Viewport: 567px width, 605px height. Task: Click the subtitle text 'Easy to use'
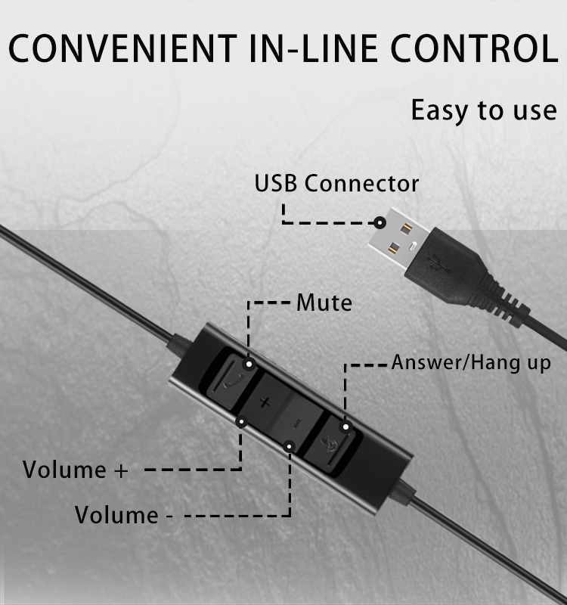pos(483,110)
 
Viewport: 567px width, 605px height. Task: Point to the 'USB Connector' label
pos(336,184)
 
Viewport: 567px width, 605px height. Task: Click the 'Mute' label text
pos(324,303)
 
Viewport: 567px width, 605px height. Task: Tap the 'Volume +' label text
pos(76,470)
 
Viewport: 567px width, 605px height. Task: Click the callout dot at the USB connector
pos(380,222)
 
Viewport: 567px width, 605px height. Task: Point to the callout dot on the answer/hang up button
pos(346,428)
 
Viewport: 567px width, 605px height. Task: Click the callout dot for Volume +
pos(242,420)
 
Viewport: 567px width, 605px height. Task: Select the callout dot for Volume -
pos(289,447)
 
